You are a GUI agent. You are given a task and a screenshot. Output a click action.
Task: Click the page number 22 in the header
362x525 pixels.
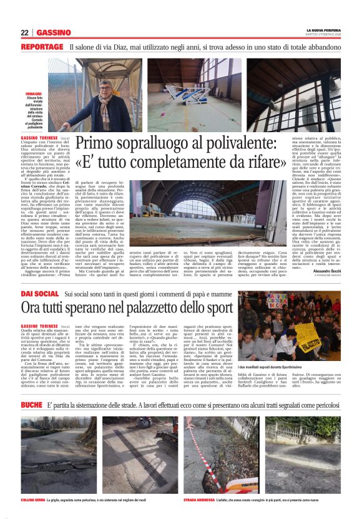(24, 32)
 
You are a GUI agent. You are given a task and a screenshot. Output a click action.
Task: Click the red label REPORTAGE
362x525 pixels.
(41, 47)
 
